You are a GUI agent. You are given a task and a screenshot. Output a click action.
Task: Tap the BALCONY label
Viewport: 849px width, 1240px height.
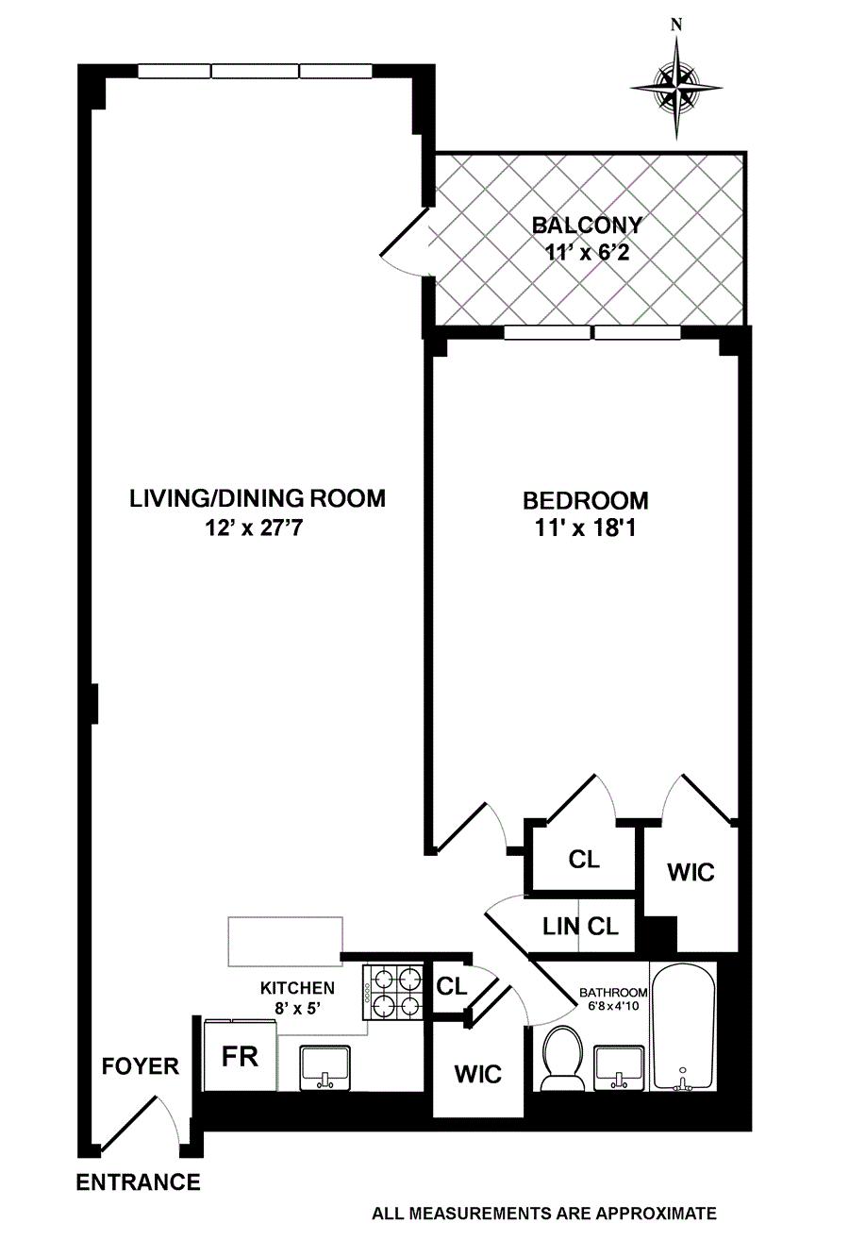(587, 226)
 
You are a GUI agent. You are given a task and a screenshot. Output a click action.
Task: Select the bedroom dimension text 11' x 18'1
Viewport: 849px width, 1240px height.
(585, 528)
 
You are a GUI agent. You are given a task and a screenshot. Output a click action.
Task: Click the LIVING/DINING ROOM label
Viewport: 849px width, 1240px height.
(258, 498)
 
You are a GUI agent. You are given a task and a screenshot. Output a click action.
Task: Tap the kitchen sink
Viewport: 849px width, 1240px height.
(325, 1068)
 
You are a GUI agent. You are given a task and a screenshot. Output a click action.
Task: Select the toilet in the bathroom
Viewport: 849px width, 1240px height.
(563, 1059)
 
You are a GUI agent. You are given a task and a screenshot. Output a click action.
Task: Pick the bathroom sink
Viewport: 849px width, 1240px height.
(619, 1068)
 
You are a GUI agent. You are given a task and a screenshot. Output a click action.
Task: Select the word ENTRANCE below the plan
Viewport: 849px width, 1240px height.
(138, 1182)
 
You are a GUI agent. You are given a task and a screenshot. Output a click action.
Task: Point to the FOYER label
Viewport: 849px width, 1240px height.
(140, 1066)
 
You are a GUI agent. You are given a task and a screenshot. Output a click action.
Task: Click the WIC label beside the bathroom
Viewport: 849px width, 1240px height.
(477, 1075)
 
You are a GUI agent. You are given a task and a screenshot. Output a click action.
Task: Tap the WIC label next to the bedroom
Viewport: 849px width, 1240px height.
(691, 872)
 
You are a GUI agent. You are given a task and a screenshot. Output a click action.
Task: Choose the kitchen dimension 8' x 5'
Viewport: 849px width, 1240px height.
(298, 1009)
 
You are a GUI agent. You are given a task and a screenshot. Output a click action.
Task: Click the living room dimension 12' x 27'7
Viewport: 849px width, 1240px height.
(254, 528)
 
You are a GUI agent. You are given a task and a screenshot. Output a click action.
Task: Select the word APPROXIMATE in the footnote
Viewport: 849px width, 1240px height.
(657, 1214)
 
